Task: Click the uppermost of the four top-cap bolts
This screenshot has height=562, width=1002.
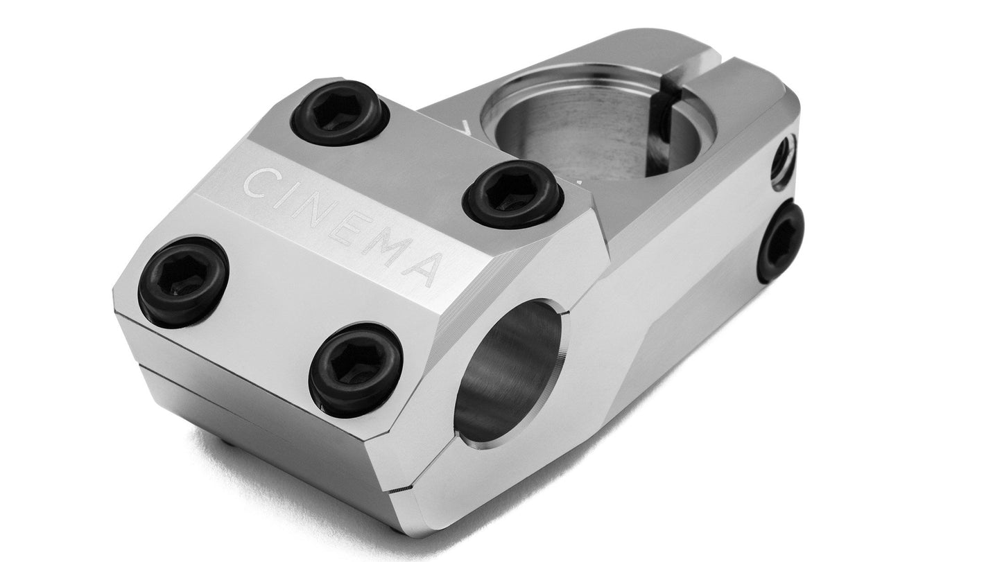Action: tap(340, 114)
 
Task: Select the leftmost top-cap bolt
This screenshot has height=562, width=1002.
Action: tap(184, 281)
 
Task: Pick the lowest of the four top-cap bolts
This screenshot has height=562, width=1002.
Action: tap(356, 369)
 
